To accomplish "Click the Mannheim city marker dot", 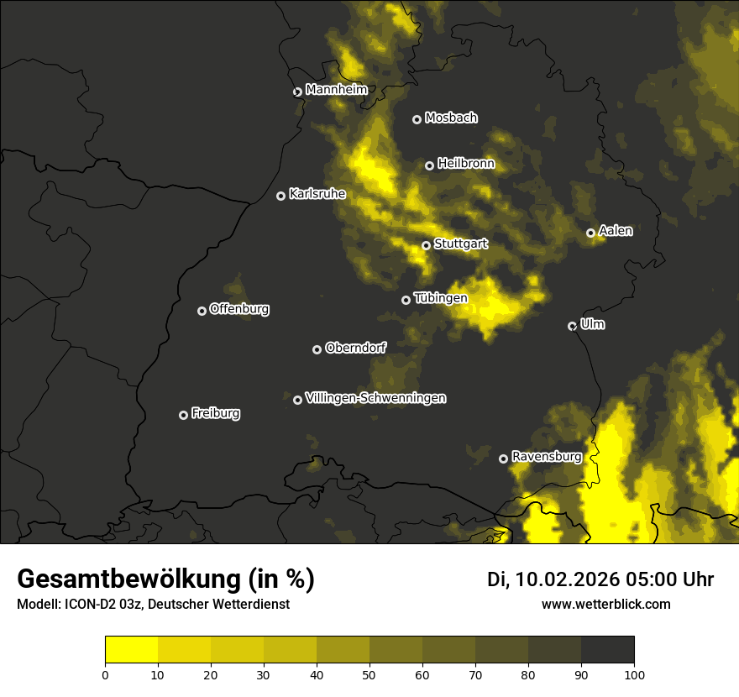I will tap(297, 92).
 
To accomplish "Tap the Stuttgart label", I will tap(460, 244).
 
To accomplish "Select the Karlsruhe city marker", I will tap(281, 196).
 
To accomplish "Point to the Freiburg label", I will tap(215, 413).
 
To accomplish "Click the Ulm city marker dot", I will tap(573, 326).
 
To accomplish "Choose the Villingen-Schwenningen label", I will tap(375, 398).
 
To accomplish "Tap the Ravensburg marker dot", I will tap(504, 459).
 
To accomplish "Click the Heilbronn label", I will tap(465, 164).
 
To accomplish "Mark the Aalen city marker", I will tap(591, 233).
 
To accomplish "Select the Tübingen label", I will tap(440, 298).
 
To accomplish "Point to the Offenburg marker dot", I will tap(202, 311).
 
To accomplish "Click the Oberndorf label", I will tap(355, 348).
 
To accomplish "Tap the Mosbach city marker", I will tap(417, 119).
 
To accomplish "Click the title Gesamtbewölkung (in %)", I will tap(165, 579).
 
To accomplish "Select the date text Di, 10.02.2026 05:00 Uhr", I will tap(600, 579).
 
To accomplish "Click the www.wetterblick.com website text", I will tap(605, 604).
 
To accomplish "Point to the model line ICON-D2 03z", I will tap(153, 605).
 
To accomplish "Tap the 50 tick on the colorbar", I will tap(369, 673).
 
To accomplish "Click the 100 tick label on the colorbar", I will tap(634, 673).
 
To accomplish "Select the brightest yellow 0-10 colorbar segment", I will tap(131, 650).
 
